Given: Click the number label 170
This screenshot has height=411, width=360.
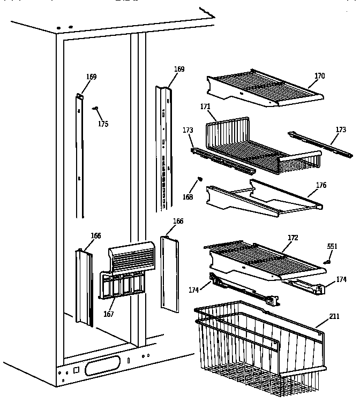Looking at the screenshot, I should (x=319, y=76).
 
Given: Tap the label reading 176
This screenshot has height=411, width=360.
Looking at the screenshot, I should (x=321, y=186).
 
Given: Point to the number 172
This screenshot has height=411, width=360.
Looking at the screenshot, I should (x=292, y=237).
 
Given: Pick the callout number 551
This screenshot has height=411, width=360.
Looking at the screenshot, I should (x=332, y=247).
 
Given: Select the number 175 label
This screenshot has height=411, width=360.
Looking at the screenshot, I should (x=103, y=124).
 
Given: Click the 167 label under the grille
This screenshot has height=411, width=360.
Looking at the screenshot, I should (x=108, y=314).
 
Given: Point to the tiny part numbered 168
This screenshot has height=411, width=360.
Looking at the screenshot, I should (x=200, y=178).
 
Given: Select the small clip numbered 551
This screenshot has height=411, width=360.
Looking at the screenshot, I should (x=327, y=262).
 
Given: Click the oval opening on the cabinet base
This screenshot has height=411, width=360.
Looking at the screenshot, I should (x=102, y=366).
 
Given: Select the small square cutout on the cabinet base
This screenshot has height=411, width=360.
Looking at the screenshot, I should (x=76, y=370).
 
